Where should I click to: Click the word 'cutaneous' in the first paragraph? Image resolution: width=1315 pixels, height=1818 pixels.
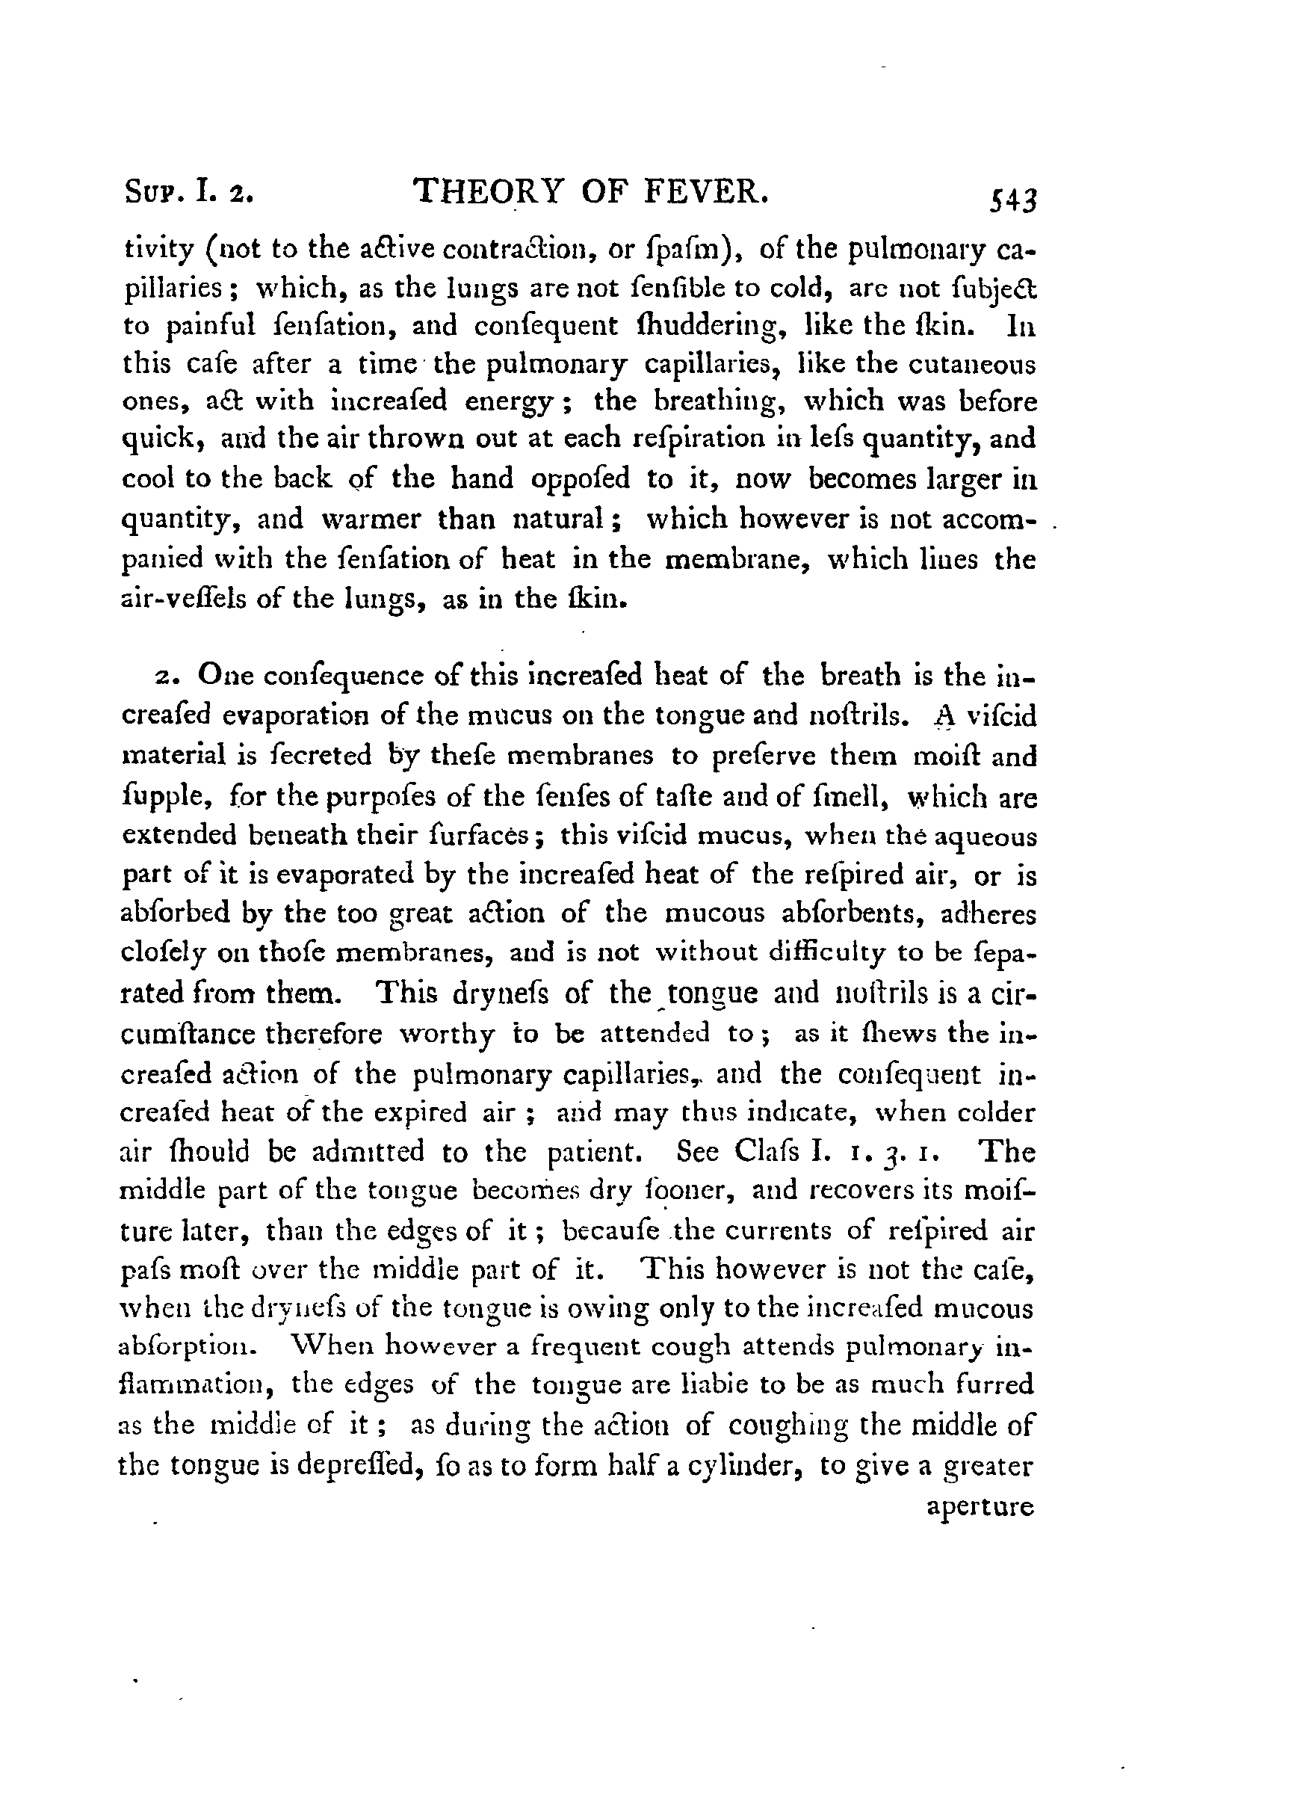(x=972, y=365)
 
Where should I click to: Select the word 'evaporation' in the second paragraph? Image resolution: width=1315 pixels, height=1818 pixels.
(x=288, y=715)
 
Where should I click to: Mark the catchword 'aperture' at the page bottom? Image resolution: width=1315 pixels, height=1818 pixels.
(x=980, y=1507)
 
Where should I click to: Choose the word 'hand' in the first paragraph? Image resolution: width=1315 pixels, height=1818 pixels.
(x=482, y=478)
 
